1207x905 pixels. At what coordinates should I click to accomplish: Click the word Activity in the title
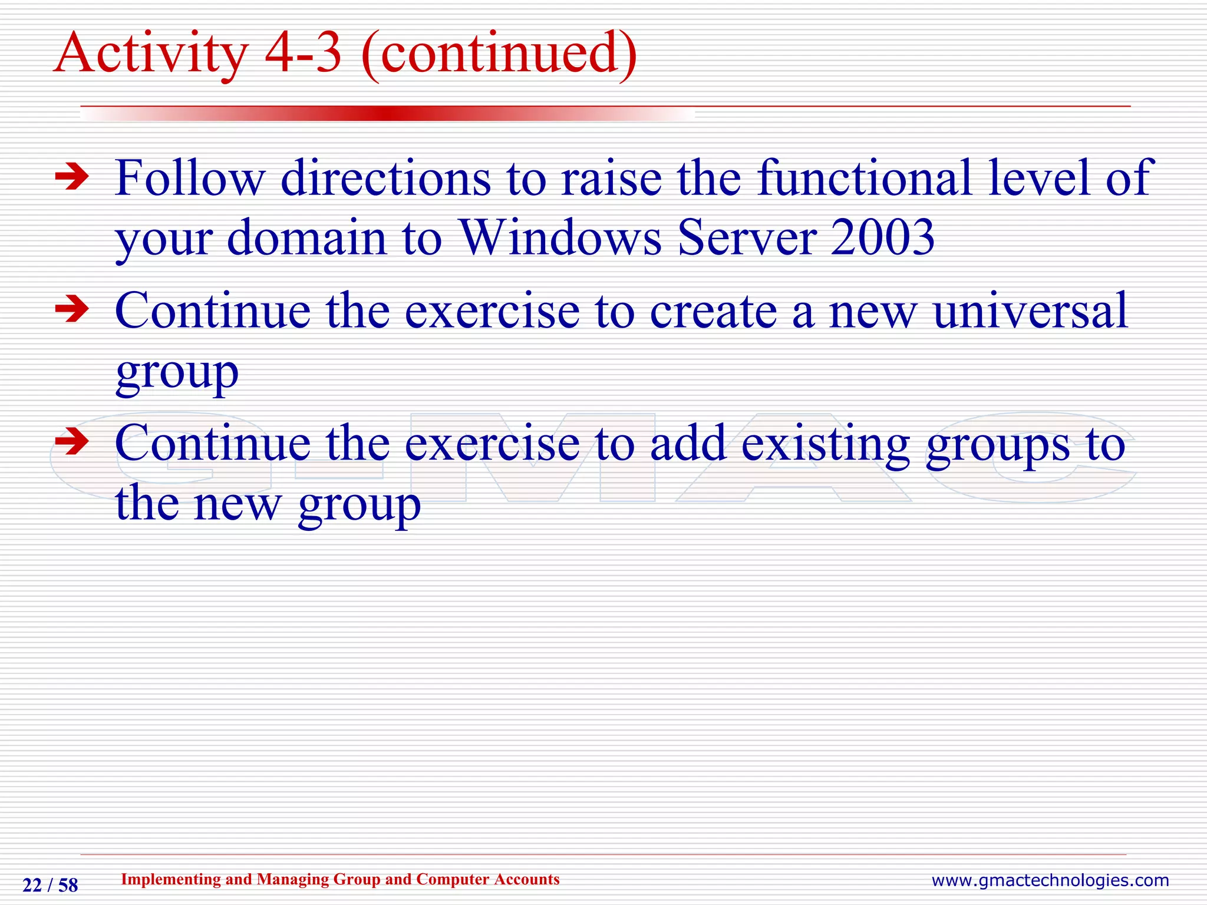click(x=150, y=54)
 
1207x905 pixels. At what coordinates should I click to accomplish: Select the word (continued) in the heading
click(x=499, y=54)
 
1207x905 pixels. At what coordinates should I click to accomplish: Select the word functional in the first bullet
click(x=864, y=178)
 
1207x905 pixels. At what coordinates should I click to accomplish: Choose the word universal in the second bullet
click(x=1030, y=311)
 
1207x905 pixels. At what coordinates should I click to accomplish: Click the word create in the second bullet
click(x=713, y=312)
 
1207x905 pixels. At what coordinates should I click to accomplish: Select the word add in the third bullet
click(x=687, y=443)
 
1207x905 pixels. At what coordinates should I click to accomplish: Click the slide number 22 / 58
click(x=50, y=885)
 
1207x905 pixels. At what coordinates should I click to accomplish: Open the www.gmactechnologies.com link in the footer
click(x=1050, y=880)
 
